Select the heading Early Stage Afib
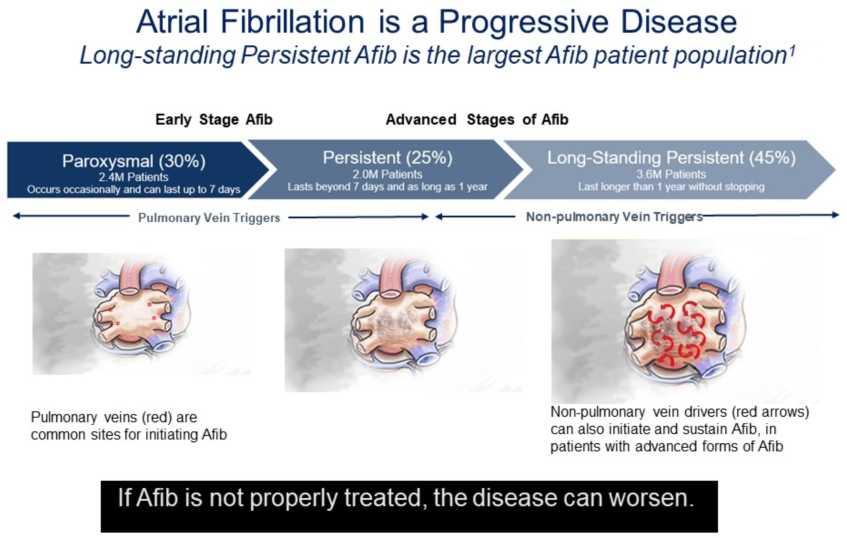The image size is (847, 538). [x=214, y=120]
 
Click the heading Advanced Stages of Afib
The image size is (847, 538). [x=477, y=120]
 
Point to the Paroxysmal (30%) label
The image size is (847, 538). [x=134, y=161]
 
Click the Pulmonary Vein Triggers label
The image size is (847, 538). [x=209, y=218]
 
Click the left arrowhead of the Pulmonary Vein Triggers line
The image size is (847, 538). [x=16, y=216]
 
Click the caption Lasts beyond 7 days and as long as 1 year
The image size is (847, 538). [x=388, y=187]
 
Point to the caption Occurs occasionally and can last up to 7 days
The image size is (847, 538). [x=134, y=189]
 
